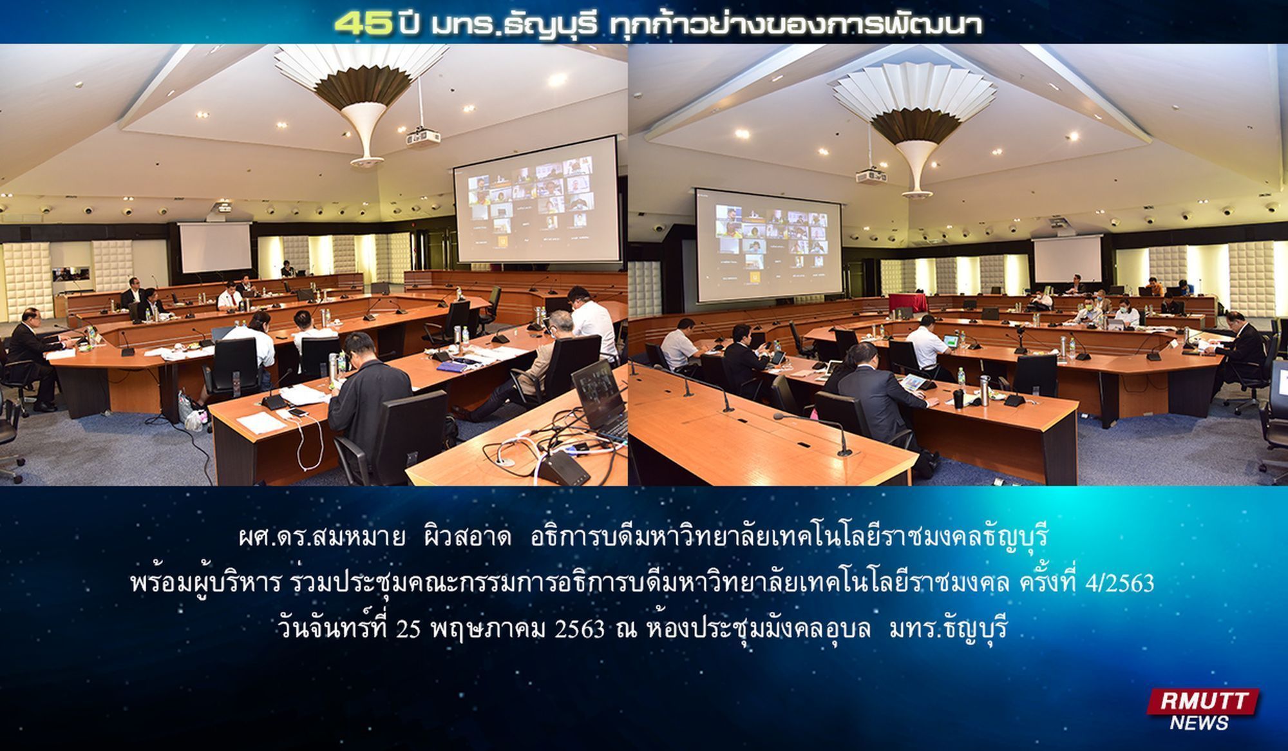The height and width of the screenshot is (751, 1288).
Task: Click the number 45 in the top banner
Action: (363, 24)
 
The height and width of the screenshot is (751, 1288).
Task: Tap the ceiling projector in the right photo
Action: (873, 176)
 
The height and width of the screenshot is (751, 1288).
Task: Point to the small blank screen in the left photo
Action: (215, 248)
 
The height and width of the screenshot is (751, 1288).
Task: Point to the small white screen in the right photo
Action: (1067, 259)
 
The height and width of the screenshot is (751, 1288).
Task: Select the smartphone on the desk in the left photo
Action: (296, 412)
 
